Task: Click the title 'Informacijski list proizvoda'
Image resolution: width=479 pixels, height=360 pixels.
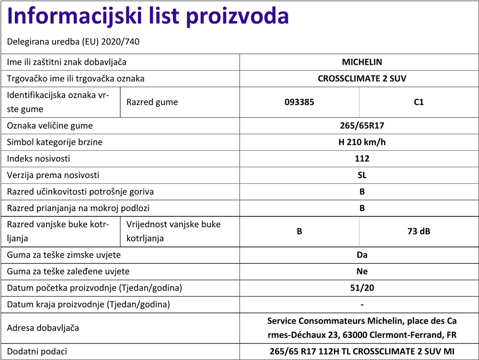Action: tap(148, 17)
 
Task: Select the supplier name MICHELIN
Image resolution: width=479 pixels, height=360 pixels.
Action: tap(362, 62)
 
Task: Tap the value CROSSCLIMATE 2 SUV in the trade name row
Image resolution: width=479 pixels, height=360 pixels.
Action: tap(362, 79)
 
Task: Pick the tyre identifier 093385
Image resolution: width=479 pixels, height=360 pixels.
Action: tap(299, 102)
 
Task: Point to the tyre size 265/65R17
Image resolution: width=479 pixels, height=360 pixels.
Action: tap(362, 126)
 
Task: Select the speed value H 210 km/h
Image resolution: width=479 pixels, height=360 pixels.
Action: tap(362, 142)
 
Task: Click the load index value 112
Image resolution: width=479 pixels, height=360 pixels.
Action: tap(362, 158)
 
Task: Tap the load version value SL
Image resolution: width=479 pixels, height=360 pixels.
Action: tap(362, 175)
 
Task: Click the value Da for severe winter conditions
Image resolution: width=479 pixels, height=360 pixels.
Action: tap(362, 255)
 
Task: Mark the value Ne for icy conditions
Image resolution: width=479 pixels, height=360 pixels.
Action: tap(362, 271)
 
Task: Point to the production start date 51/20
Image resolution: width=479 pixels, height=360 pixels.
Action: tap(362, 288)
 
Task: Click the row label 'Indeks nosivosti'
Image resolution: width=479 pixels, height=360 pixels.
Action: tap(38, 158)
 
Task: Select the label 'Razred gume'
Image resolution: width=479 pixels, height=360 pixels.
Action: tap(152, 102)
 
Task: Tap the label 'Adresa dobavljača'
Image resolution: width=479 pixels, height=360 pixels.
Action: tap(43, 328)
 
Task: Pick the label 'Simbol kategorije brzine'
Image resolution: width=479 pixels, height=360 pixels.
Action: tap(55, 142)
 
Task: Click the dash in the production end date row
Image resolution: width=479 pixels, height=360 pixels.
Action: tap(362, 305)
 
